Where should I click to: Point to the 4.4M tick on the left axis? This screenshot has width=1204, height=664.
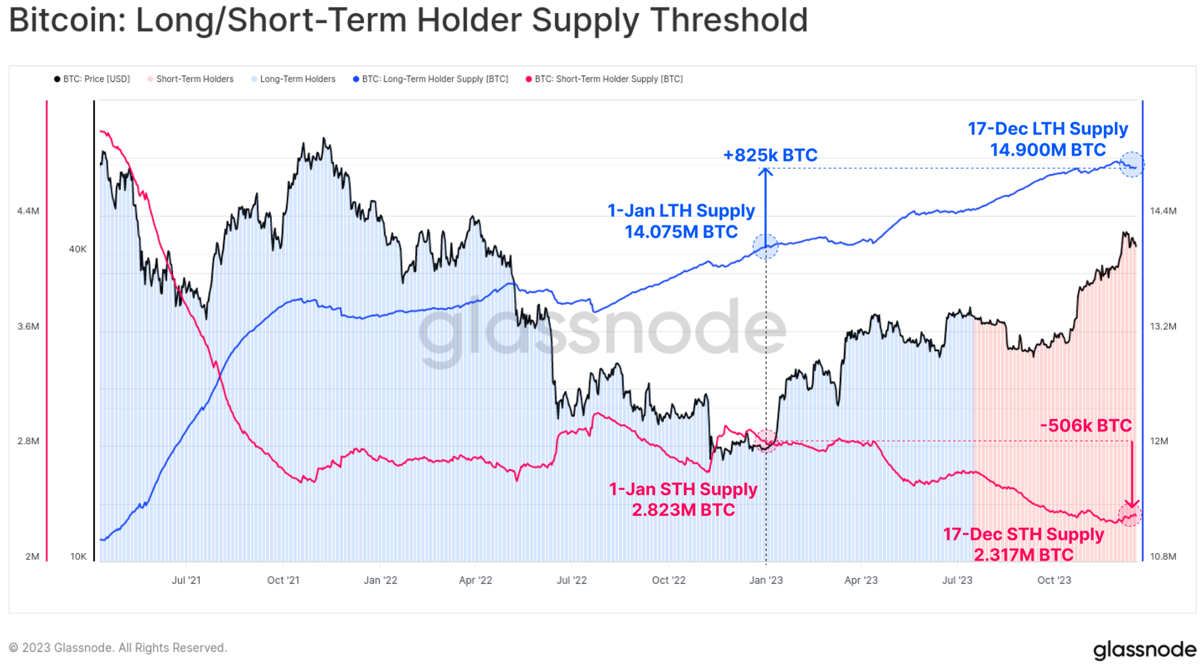[x=28, y=211]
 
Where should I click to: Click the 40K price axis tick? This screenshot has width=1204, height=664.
[x=78, y=249]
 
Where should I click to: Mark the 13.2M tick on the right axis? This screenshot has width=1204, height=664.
[x=1163, y=327]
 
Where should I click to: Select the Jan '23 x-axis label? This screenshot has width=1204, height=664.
[x=766, y=580]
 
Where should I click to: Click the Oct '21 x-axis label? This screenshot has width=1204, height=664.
[x=283, y=580]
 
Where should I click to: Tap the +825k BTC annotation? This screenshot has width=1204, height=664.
[x=770, y=155]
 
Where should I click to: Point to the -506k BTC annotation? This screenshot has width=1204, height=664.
[x=1086, y=426]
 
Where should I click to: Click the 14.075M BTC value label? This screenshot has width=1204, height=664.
[x=681, y=232]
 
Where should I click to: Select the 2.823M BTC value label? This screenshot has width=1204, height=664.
[x=683, y=510]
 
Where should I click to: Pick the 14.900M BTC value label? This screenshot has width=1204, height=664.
[x=1048, y=150]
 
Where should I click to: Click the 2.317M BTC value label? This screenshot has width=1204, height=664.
[x=1024, y=555]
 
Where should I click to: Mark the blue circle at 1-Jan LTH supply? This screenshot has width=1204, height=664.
[x=766, y=247]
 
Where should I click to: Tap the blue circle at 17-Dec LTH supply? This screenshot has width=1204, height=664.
[x=1132, y=164]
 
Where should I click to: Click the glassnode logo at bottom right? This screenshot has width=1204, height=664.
[x=1144, y=650]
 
